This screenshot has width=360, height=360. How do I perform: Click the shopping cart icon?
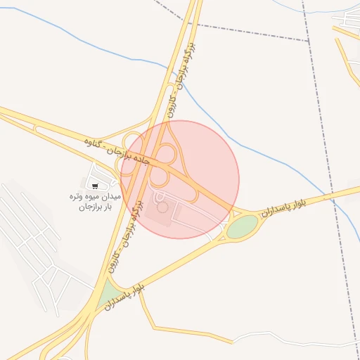coord(95,186)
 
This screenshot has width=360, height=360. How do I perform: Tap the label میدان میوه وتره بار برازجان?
coord(94,202)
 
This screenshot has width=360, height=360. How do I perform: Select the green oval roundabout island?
coord(243,226)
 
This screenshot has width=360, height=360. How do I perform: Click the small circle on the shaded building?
coord(163,207)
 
